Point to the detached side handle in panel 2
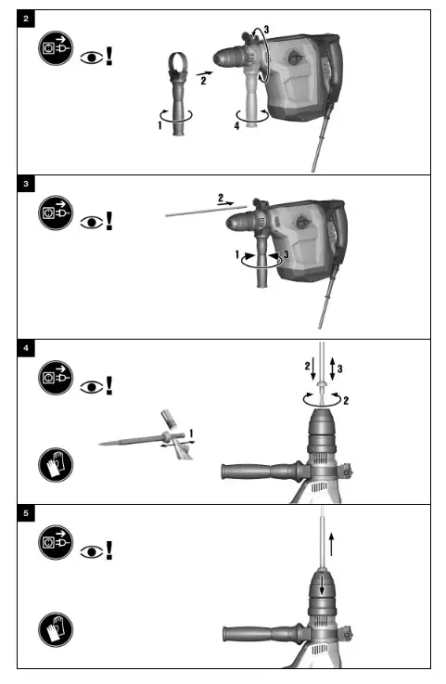[178, 102]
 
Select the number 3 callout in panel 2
[266, 31]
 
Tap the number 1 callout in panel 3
[237, 253]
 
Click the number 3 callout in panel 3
[287, 253]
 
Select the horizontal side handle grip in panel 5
[255, 637]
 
